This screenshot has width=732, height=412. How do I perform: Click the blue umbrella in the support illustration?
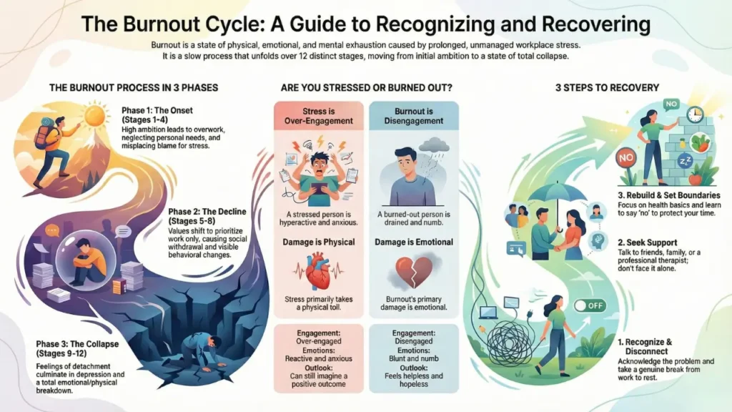(x=555, y=191)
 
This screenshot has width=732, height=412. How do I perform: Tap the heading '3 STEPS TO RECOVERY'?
(x=607, y=88)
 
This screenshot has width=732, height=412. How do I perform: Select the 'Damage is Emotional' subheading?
(x=414, y=242)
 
